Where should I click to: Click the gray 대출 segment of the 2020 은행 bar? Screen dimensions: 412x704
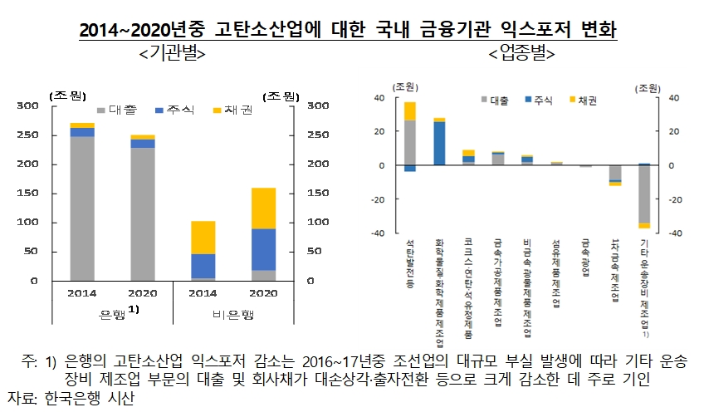click(143, 213)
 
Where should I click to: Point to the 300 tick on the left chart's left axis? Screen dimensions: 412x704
click(51, 106)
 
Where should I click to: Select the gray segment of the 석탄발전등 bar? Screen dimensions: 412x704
click(410, 142)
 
